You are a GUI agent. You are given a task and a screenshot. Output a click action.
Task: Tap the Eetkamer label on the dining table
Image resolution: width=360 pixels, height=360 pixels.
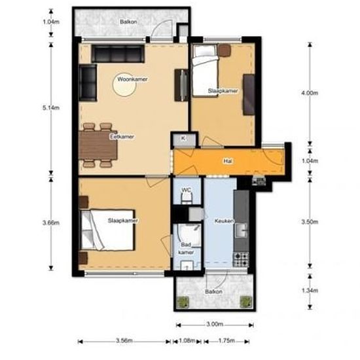pyautogui.click(x=122, y=137)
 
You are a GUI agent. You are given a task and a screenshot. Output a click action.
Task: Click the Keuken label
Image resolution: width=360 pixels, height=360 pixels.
pyautogui.click(x=224, y=221)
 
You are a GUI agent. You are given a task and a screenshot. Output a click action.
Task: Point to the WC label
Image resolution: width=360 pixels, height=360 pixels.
pyautogui.click(x=186, y=190)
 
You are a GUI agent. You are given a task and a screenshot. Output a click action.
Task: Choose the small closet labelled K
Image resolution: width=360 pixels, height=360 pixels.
pyautogui.click(x=183, y=139)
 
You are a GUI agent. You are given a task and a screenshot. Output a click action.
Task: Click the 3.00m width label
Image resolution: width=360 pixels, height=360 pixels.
pyautogui.click(x=214, y=324)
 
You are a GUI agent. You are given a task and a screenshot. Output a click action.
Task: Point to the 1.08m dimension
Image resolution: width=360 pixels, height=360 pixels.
pyautogui.click(x=187, y=341)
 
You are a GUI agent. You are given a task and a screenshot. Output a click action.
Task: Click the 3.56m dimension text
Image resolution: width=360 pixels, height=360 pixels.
pyautogui.click(x=122, y=341)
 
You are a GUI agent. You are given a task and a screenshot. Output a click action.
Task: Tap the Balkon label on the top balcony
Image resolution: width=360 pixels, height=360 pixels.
pyautogui.click(x=128, y=22)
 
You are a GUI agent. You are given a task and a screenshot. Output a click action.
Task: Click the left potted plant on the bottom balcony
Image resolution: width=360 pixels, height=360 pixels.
pyautogui.click(x=183, y=302)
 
